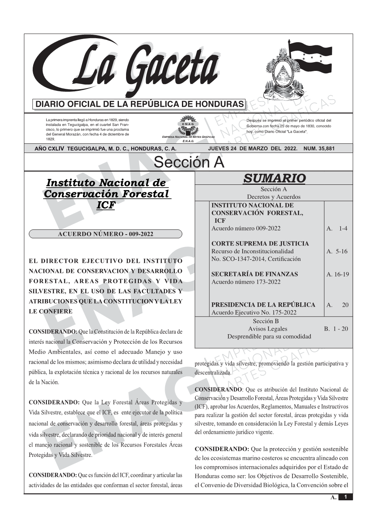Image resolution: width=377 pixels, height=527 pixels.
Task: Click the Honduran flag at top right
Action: (x=310, y=58)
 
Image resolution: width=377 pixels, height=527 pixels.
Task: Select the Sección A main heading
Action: (x=189, y=163)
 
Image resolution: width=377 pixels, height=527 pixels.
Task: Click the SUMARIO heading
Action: (x=274, y=178)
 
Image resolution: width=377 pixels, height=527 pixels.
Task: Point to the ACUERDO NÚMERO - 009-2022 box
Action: (x=105, y=234)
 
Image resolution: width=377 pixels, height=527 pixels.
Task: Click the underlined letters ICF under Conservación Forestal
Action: (x=106, y=205)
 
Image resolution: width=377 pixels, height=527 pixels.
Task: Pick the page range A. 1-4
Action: (x=337, y=228)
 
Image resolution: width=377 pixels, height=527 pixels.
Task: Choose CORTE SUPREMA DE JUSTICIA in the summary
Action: (x=260, y=243)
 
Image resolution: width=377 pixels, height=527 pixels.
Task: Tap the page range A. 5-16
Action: (x=337, y=251)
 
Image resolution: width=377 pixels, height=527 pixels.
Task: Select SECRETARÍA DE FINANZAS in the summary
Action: (x=255, y=274)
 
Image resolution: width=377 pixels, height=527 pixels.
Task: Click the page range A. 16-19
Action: (x=338, y=274)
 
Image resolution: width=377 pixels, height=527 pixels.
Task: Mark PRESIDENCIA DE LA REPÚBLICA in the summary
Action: (x=263, y=305)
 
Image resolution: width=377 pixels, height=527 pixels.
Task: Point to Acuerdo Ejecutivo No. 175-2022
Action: (x=254, y=312)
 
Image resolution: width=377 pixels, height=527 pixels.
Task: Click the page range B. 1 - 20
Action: (x=336, y=329)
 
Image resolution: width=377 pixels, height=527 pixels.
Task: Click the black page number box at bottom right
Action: (x=345, y=497)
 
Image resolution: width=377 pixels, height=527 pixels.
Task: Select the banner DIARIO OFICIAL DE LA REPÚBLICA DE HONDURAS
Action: (x=140, y=104)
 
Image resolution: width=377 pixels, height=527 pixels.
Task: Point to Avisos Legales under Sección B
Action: (x=267, y=329)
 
